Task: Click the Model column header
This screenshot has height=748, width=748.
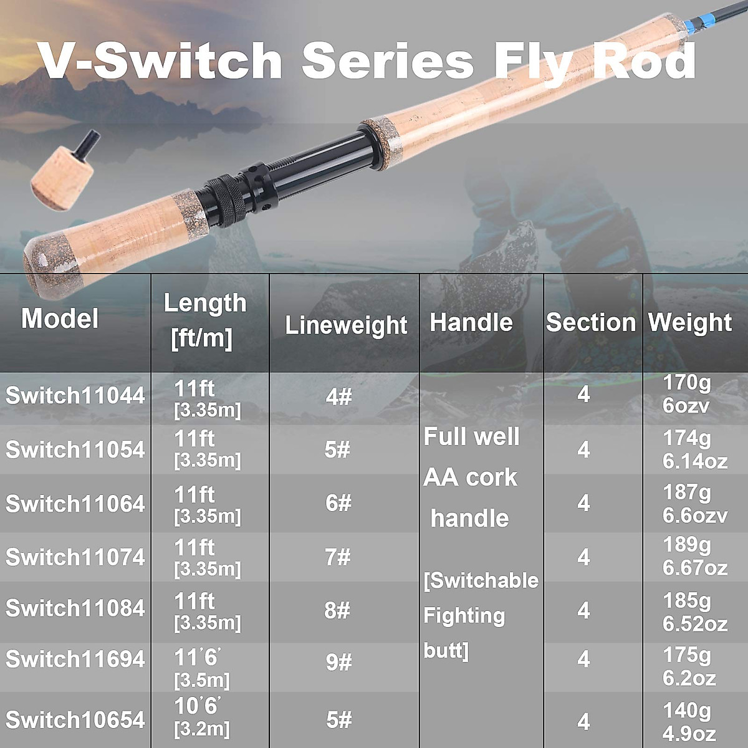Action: coord(60,319)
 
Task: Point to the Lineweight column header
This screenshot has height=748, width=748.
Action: coord(346,325)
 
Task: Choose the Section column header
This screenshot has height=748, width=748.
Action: coord(590,322)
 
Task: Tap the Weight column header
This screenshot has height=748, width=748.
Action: coord(690,322)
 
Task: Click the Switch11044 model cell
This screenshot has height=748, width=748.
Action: coord(75,395)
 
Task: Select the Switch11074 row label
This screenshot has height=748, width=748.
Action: coord(75,557)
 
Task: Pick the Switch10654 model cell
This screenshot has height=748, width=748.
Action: coord(75,719)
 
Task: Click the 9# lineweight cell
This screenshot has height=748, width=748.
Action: coord(338,662)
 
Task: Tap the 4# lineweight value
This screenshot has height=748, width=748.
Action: coord(338,396)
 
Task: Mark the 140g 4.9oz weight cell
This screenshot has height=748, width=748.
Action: coord(688,722)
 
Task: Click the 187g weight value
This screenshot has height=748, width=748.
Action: coord(686,492)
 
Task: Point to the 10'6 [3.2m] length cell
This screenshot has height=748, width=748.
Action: coord(201,717)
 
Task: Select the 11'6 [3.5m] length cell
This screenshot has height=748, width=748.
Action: coord(201,668)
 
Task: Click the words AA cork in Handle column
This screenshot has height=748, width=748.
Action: coord(470,477)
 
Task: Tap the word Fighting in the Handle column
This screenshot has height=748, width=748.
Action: coord(464,616)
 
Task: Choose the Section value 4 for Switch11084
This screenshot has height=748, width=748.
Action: coord(583,610)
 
